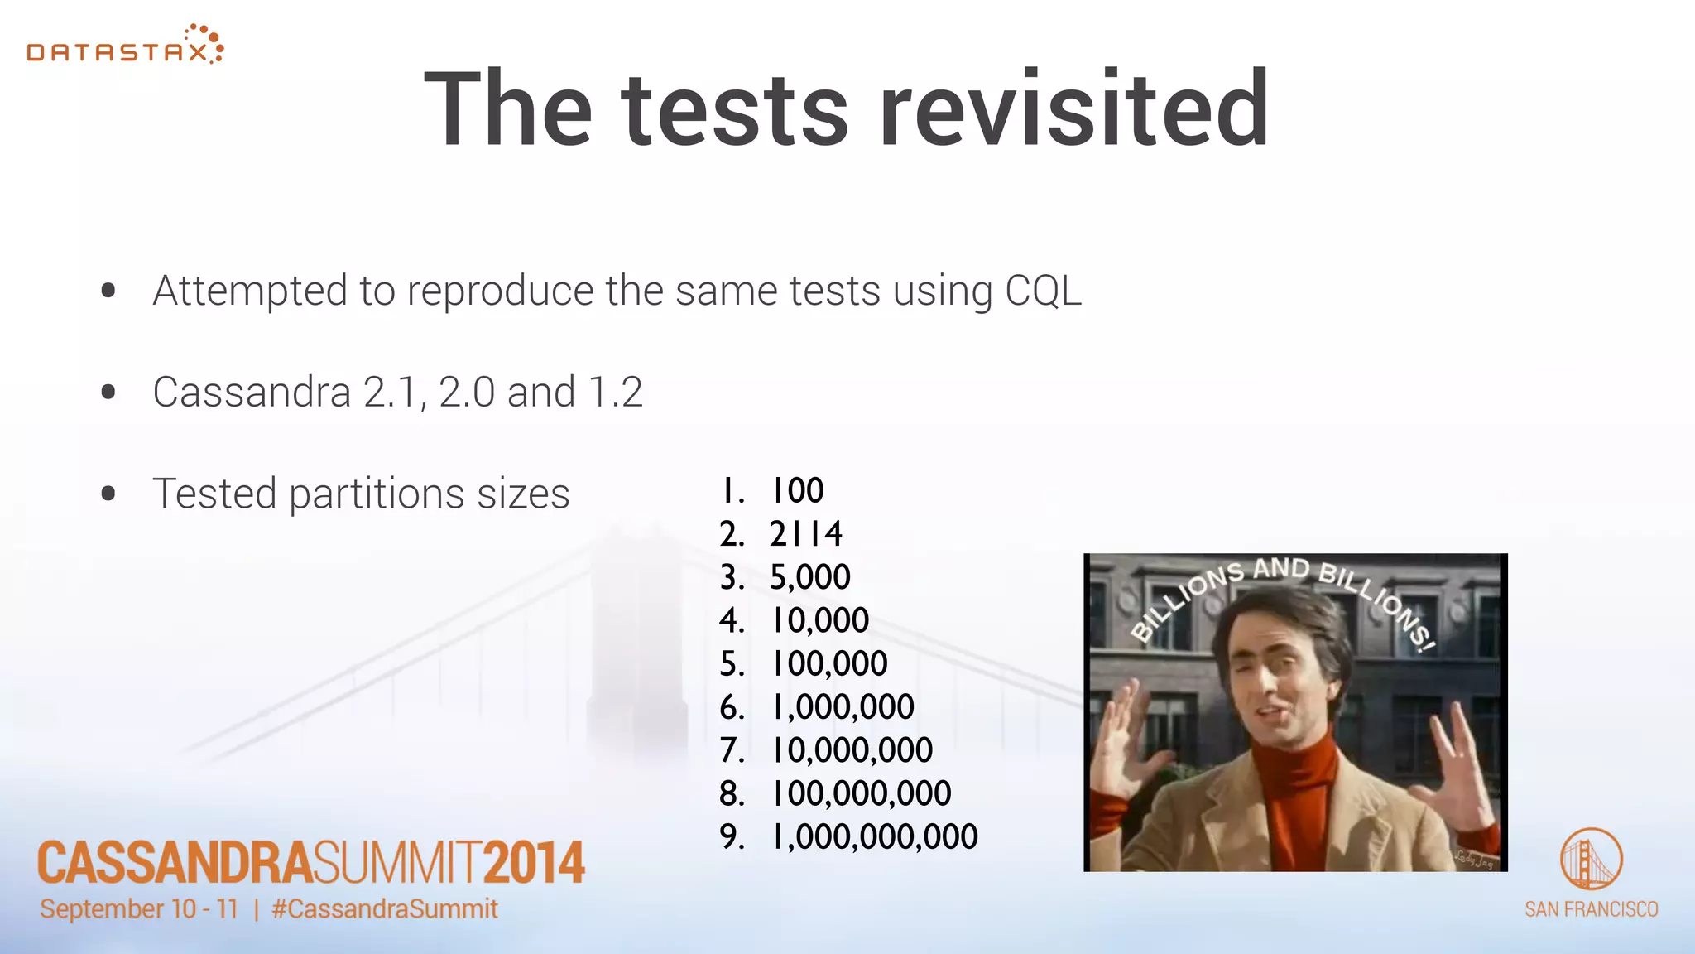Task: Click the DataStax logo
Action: point(124,46)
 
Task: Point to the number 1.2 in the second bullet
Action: point(615,392)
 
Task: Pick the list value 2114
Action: point(805,533)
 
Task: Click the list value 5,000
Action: point(809,577)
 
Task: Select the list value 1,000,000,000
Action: point(874,836)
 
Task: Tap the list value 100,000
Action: point(828,663)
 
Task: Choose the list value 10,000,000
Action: point(852,750)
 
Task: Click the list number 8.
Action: point(731,793)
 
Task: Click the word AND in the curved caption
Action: point(1280,568)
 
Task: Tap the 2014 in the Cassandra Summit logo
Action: point(534,863)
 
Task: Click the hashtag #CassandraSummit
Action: point(385,908)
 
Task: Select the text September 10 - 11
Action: point(139,908)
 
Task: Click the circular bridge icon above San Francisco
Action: point(1591,859)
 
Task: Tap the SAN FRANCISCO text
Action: point(1591,909)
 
